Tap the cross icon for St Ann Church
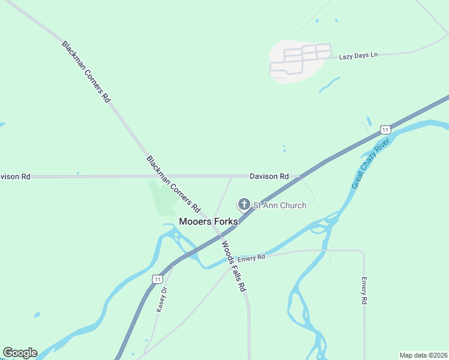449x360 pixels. click(244, 205)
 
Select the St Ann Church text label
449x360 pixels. click(279, 205)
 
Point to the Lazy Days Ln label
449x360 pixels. click(358, 55)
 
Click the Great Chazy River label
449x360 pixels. click(371, 163)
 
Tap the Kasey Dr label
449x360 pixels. click(161, 298)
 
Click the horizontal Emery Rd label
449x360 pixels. click(251, 259)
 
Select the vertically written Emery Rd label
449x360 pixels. click(364, 291)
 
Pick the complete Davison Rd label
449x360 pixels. click(269, 176)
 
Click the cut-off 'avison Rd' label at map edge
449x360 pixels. click(15, 177)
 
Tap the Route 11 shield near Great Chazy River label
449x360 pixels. click(385, 130)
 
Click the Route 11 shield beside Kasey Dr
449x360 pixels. click(157, 279)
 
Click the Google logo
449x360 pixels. click(20, 353)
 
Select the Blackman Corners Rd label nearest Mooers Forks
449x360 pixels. click(173, 185)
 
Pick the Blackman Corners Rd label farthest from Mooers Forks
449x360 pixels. click(86, 71)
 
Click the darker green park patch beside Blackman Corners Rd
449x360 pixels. click(161, 198)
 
